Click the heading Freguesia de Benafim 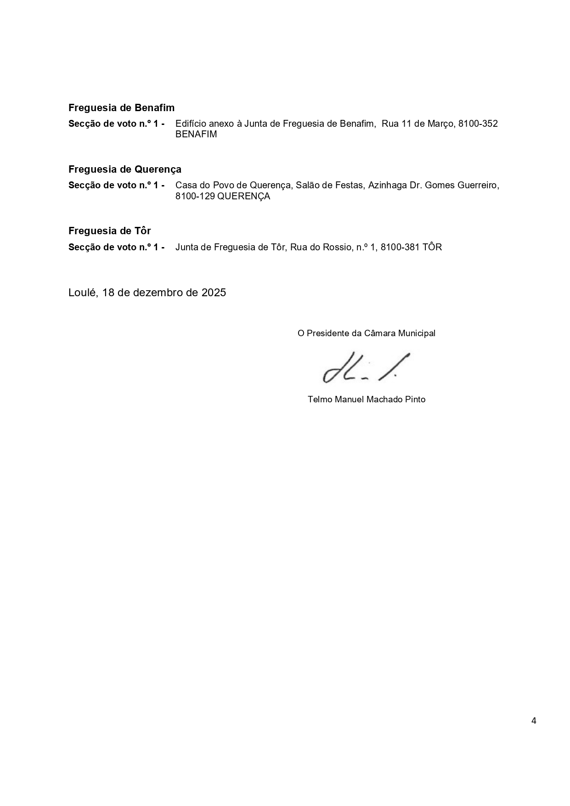pyautogui.click(x=121, y=108)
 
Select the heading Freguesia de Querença pyautogui.click(x=124, y=169)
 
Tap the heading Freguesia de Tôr pyautogui.click(x=109, y=231)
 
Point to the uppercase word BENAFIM pyautogui.click(x=196, y=135)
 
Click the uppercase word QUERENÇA pyautogui.click(x=243, y=197)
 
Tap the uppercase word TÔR pyautogui.click(x=432, y=248)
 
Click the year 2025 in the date pyautogui.click(x=214, y=293)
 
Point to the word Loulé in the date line pyautogui.click(x=82, y=293)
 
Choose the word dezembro pyautogui.click(x=158, y=293)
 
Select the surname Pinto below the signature pyautogui.click(x=415, y=400)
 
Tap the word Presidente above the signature pyautogui.click(x=328, y=333)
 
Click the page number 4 pyautogui.click(x=534, y=721)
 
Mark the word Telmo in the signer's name pyautogui.click(x=320, y=400)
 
